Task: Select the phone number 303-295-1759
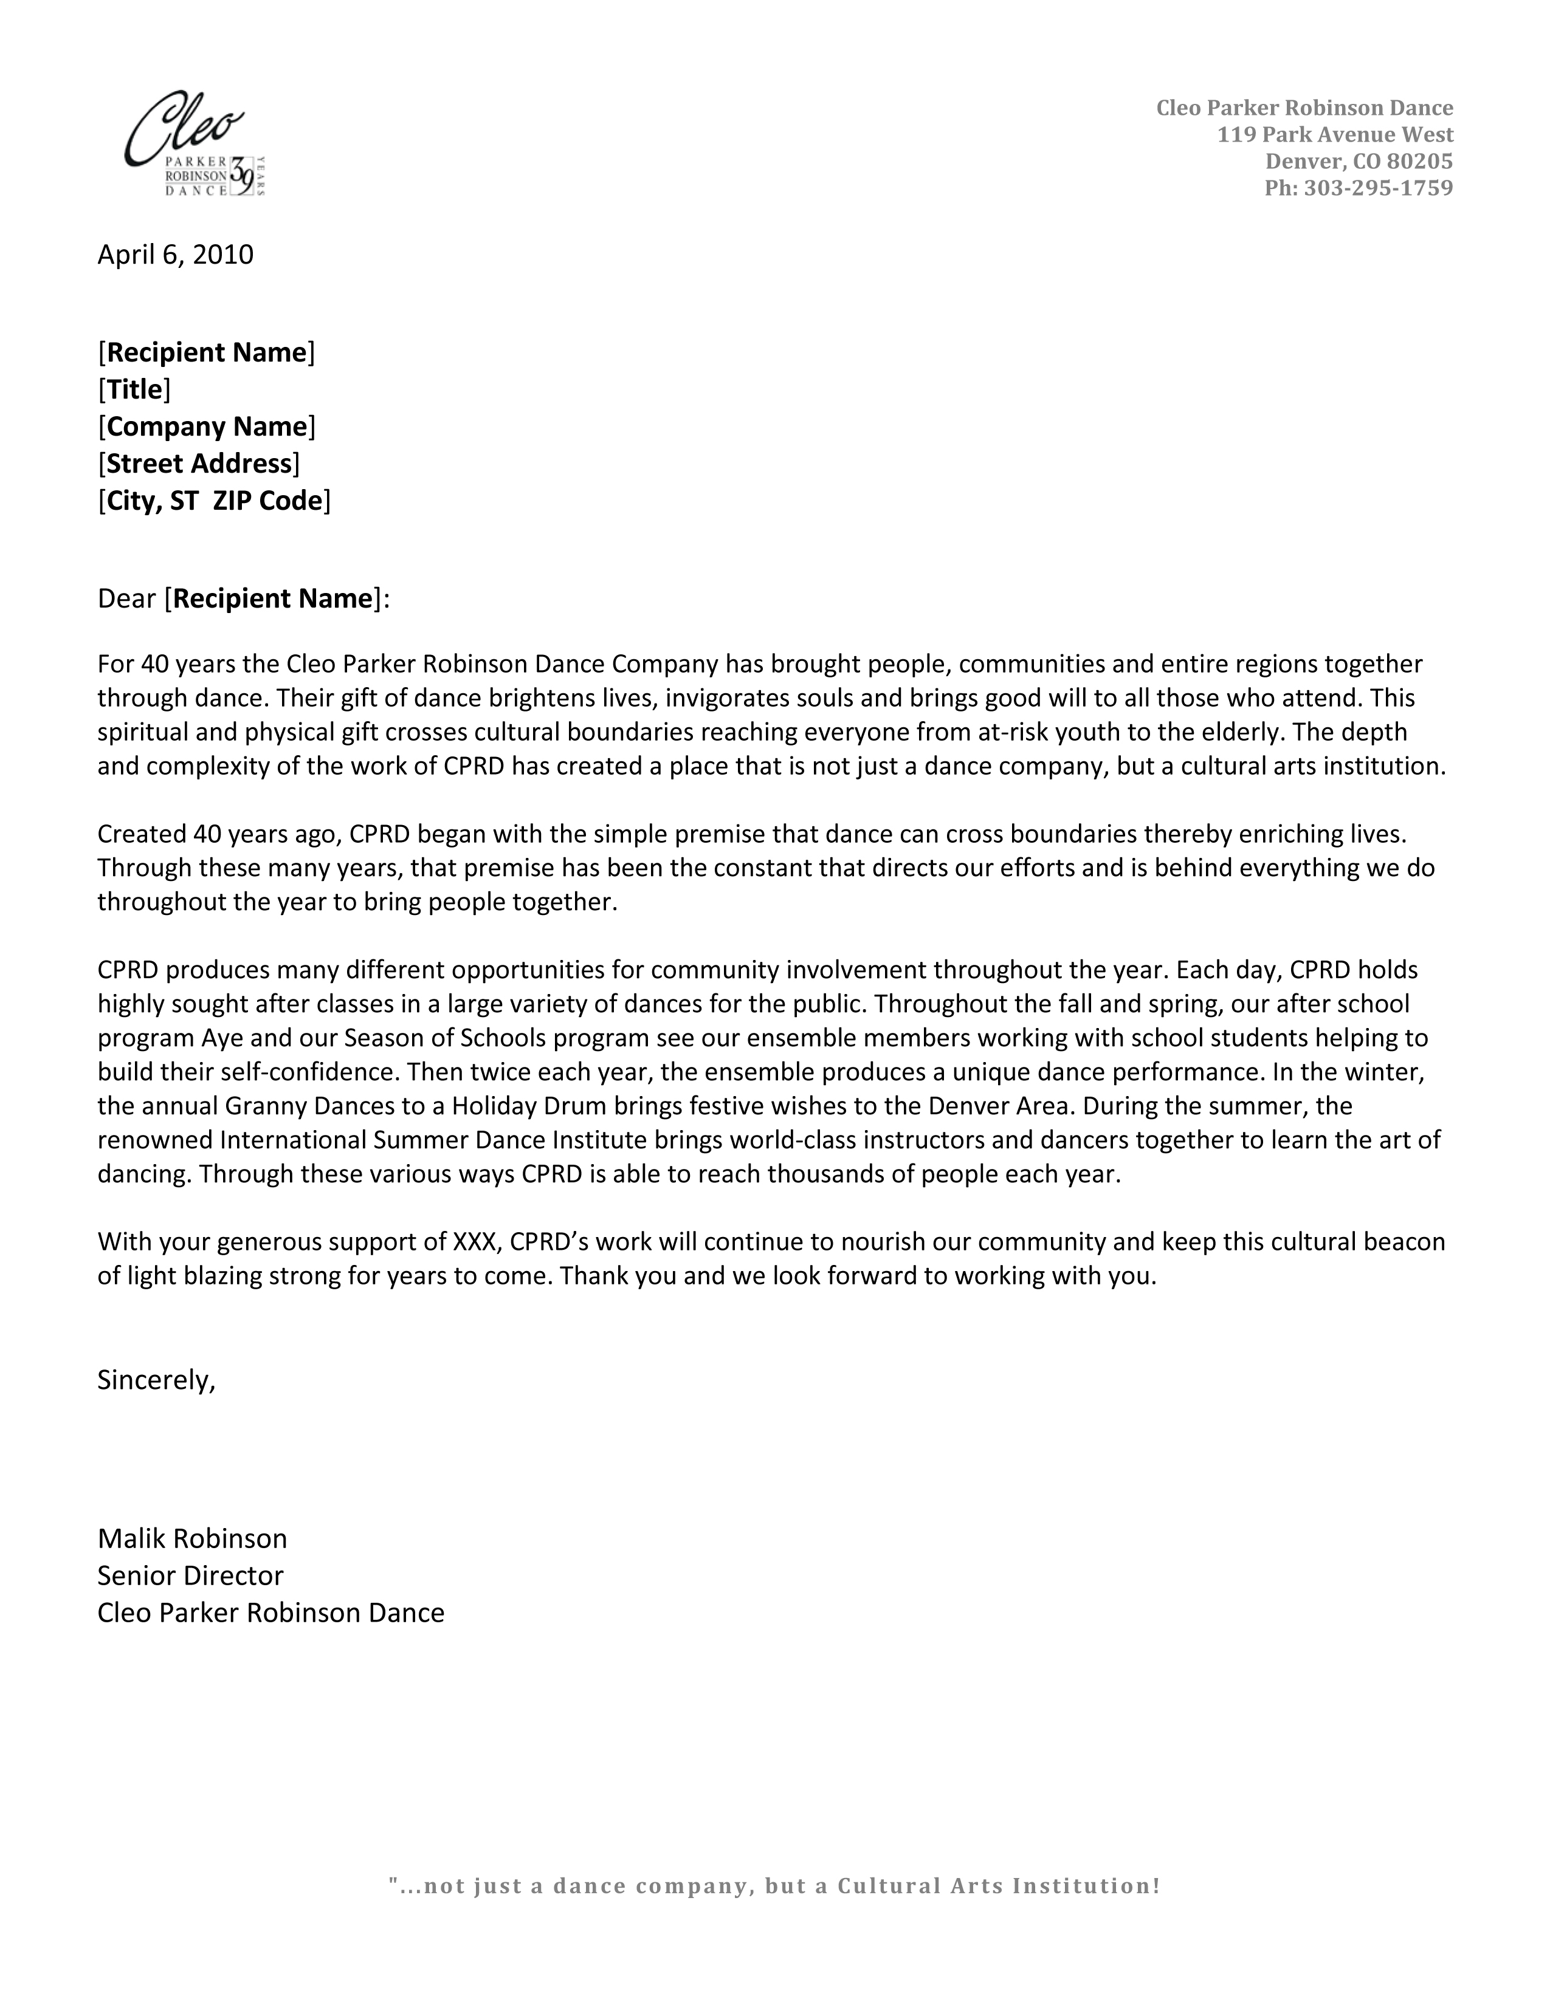coord(1377,188)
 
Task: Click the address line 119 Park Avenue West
coord(1335,135)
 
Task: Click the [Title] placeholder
coord(134,389)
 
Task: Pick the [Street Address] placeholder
coord(198,464)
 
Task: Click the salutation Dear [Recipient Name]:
coord(243,598)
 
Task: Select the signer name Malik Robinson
coord(192,1538)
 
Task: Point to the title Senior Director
coord(190,1575)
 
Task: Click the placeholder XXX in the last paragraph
coord(475,1242)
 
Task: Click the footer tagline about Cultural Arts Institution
coord(774,1887)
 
